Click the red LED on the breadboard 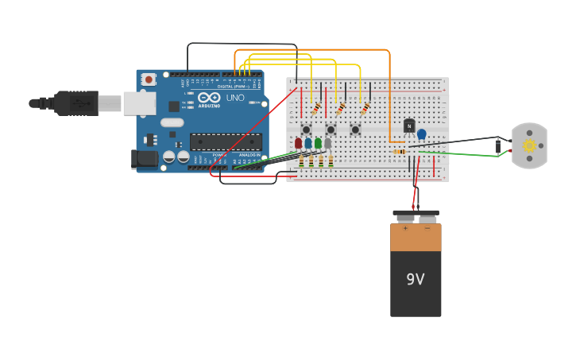point(299,143)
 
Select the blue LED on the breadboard point(308,143)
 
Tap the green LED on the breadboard point(318,143)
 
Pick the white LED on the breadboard point(327,143)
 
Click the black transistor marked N point(409,126)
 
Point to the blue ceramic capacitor point(422,134)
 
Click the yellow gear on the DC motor point(529,145)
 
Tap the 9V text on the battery point(416,279)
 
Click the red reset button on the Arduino point(149,79)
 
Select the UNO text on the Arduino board point(235,98)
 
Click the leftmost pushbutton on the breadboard point(306,130)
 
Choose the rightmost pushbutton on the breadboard point(355,130)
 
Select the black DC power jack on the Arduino point(145,158)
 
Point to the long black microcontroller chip point(225,141)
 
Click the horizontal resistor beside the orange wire point(400,151)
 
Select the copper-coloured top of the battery point(416,237)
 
